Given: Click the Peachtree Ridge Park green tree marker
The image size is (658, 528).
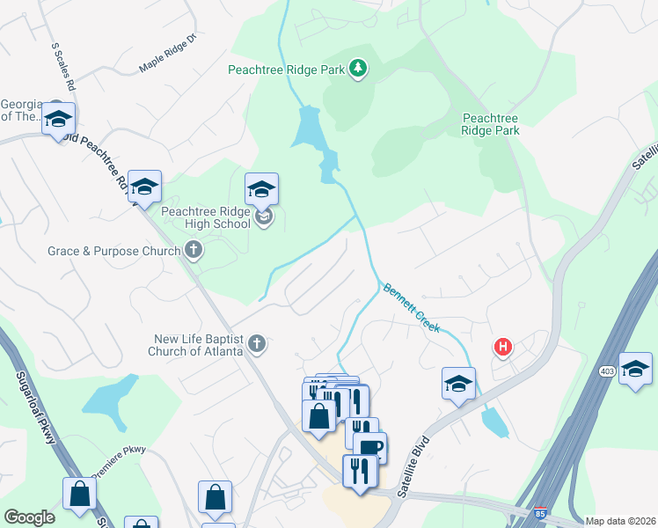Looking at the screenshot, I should coord(357,69).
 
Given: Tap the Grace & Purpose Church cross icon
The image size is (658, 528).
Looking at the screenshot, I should coord(194,252).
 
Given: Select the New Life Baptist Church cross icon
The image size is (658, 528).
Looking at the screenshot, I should coord(256,344).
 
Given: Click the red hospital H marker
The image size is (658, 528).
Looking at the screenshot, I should coord(503,348).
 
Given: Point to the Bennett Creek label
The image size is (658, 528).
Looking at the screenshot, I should coord(410,307).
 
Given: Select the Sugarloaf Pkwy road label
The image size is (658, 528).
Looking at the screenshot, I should coord(40,406).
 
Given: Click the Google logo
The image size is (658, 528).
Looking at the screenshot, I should coord(29,517).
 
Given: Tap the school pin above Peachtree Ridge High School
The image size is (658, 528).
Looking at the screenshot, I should coord(261,188).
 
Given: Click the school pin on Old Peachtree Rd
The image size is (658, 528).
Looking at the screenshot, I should coord(144,186).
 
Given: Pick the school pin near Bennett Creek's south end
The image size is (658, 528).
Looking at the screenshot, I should coord(458,383).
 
